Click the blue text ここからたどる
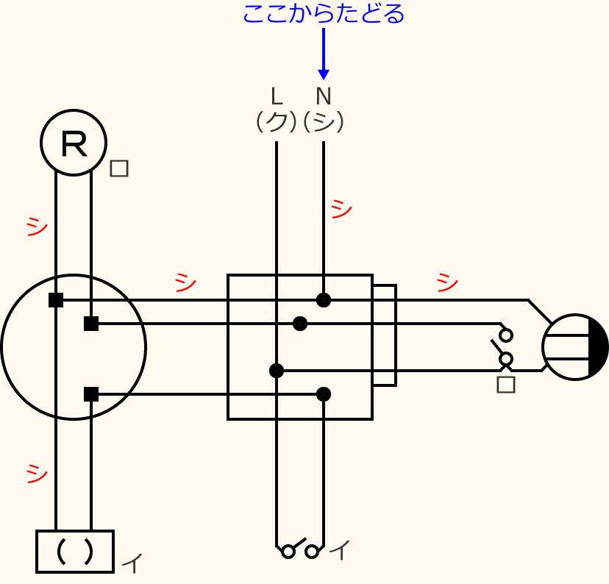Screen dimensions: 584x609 coord(323,13)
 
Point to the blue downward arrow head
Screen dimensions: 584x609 coord(323,74)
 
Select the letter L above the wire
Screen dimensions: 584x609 coord(276,96)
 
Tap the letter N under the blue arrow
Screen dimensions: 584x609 coord(323,96)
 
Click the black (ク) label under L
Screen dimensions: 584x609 coord(276,121)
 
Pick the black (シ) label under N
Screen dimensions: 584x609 coord(324,121)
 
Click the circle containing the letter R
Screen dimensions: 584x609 coord(74,143)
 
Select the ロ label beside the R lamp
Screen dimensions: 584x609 coord(119,168)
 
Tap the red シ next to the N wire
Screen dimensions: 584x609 coord(341,209)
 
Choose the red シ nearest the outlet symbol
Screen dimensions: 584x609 coord(446,282)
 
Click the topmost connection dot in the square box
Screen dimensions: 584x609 coord(324,300)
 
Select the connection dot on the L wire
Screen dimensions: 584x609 coord(277,371)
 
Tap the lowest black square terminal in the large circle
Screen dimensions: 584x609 coord(91,394)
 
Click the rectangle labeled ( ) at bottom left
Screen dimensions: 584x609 coord(75,551)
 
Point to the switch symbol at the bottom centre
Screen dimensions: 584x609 coord(300,549)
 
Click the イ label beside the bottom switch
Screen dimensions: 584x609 coord(339,549)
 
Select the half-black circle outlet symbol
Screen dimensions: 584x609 coord(575,347)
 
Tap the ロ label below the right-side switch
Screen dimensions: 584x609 coord(506,384)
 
